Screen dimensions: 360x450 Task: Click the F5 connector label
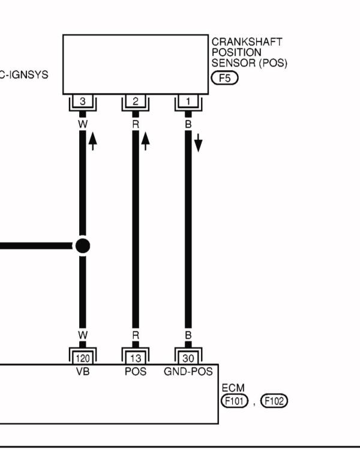[x=224, y=78]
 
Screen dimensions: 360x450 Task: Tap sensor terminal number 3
[x=83, y=101]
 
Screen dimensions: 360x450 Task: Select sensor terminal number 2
[x=136, y=101]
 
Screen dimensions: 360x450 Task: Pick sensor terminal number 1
[x=188, y=101]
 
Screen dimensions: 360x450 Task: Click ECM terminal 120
[x=83, y=358]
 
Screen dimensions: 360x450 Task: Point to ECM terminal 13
[x=136, y=358]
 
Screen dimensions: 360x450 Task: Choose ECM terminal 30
[x=188, y=358]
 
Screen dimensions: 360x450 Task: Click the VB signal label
[x=83, y=371]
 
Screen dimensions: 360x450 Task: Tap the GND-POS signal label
[x=188, y=371]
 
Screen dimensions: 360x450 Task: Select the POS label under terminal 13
[x=136, y=371]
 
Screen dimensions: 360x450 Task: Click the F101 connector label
[x=235, y=401]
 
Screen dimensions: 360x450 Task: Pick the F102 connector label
[x=274, y=401]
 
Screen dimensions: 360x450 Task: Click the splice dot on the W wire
[x=83, y=246]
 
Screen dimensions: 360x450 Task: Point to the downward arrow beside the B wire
[x=198, y=143]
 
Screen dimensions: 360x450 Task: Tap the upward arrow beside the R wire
[x=146, y=141]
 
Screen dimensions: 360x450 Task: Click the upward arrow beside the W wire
[x=93, y=141]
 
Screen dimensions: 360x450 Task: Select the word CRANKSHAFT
[x=247, y=42]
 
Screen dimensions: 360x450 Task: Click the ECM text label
[x=233, y=388]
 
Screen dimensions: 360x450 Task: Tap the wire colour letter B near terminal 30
[x=188, y=335]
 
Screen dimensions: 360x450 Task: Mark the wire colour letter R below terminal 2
[x=136, y=125]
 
